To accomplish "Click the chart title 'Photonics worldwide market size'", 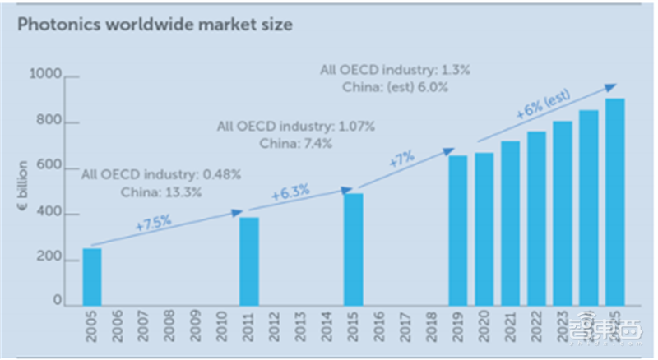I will [x=155, y=25].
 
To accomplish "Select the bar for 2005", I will [x=92, y=276].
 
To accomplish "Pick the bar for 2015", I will [x=354, y=249].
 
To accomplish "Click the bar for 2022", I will [x=536, y=218].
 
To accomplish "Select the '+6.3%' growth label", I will [x=290, y=194].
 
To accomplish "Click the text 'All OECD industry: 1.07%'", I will [x=296, y=127].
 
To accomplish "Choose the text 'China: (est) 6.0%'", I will [x=395, y=86].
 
